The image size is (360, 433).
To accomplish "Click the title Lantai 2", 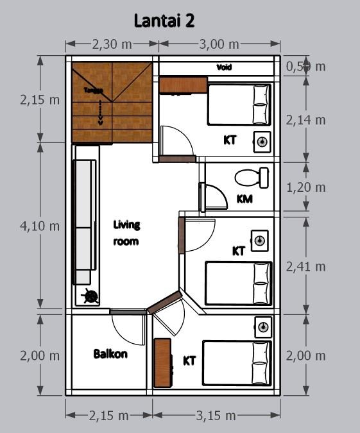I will (164, 21).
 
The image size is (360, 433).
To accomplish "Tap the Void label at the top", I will (223, 67).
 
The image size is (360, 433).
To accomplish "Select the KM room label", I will (244, 199).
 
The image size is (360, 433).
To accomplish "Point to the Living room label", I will (126, 233).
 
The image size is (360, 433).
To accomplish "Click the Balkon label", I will (110, 353).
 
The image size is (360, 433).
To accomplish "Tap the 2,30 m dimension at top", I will (112, 44).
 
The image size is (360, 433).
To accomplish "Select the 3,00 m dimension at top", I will (218, 44).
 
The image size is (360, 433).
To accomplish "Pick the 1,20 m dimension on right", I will (305, 187).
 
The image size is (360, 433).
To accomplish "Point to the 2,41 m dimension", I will (305, 266).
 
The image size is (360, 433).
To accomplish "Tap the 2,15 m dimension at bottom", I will (110, 416).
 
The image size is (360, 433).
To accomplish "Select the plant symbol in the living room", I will (90, 296).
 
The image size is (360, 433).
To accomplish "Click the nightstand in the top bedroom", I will (262, 141).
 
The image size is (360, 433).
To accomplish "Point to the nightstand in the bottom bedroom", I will (262, 328).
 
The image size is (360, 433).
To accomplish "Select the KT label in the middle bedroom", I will (239, 251).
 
